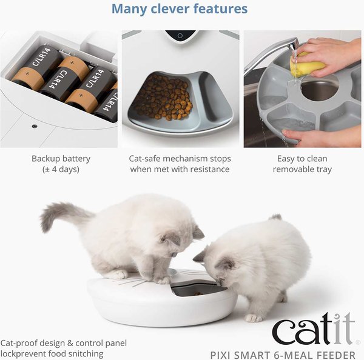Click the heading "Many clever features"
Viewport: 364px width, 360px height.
[180, 9]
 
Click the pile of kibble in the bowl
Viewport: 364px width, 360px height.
[163, 98]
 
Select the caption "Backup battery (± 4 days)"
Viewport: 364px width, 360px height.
[61, 164]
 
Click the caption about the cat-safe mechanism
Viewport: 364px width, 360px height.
[180, 164]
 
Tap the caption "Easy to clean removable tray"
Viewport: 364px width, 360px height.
[302, 164]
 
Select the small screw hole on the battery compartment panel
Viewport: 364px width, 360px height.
[34, 126]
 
